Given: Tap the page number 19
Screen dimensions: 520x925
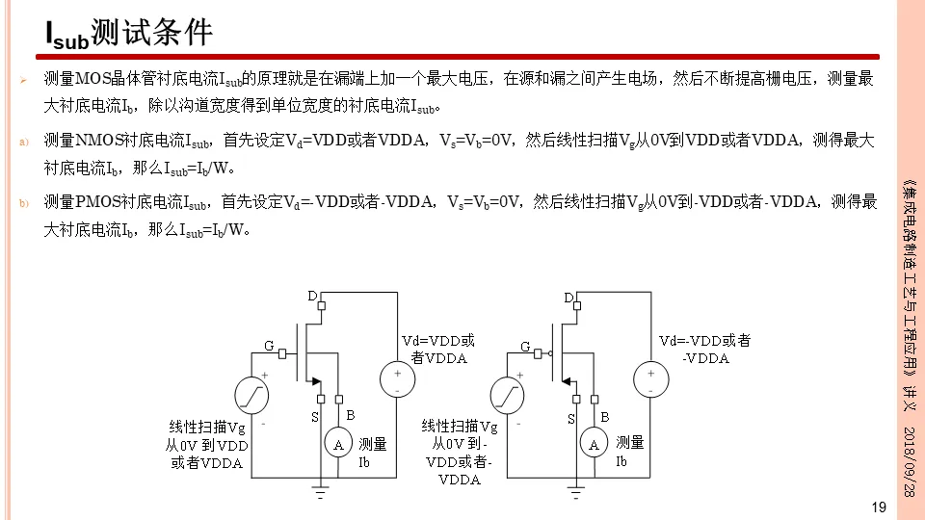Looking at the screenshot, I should pyautogui.click(x=878, y=507).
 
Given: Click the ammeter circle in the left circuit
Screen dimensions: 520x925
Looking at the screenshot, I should pyautogui.click(x=338, y=444).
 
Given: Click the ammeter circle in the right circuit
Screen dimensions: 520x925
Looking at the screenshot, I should pyautogui.click(x=594, y=444).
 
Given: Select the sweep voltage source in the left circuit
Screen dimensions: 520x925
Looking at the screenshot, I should pyautogui.click(x=251, y=394).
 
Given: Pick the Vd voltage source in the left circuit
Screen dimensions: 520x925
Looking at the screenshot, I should pyautogui.click(x=397, y=379).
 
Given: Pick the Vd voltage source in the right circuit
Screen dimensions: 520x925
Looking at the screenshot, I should pyautogui.click(x=650, y=379).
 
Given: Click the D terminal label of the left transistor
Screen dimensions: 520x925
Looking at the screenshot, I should pyautogui.click(x=312, y=295).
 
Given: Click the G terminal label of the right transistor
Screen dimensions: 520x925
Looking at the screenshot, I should pyautogui.click(x=525, y=346).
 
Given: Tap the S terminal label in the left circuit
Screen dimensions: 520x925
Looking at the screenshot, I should pyautogui.click(x=314, y=417).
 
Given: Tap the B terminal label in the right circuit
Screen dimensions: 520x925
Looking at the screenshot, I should pyautogui.click(x=605, y=416).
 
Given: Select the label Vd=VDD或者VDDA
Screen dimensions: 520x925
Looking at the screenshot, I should pyautogui.click(x=438, y=349).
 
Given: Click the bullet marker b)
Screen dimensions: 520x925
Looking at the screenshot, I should pyautogui.click(x=25, y=202).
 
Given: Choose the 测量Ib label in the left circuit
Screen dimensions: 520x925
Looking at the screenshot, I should pyautogui.click(x=372, y=453).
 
